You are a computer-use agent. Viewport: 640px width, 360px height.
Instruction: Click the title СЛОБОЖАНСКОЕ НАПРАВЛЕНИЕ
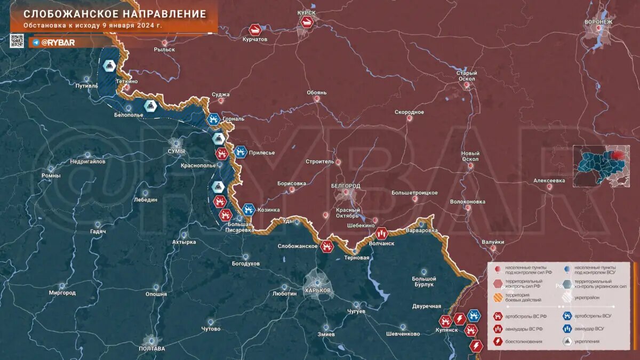115,14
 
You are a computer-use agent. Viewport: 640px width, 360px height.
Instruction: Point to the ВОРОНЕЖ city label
598,22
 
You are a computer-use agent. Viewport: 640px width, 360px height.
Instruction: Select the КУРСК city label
306,12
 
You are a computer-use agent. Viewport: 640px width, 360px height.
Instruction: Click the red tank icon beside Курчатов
255,29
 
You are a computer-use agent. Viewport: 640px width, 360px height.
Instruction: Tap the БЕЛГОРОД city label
346,186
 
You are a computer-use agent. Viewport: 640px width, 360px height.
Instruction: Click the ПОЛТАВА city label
151,348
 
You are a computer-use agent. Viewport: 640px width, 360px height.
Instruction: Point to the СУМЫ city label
176,151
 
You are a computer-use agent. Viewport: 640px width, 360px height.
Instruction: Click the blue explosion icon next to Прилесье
241,153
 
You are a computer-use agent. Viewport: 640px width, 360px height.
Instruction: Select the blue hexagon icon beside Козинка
247,210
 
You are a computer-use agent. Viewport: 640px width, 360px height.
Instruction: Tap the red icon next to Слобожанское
327,246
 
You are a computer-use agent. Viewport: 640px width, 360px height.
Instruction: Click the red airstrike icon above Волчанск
381,233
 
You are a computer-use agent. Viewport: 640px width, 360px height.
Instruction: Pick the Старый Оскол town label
467,76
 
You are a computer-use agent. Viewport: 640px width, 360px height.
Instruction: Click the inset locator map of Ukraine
601,166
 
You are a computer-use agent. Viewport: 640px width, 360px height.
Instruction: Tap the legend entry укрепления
586,341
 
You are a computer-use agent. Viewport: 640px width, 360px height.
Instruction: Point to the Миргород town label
62,293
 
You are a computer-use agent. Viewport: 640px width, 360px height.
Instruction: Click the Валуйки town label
493,242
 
